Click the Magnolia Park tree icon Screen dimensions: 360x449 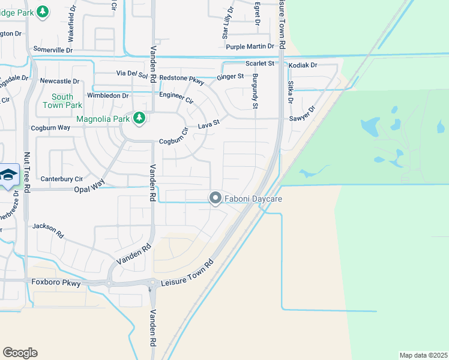pos(139,118)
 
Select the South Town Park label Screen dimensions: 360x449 pos(62,101)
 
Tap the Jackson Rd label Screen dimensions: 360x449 pos(48,228)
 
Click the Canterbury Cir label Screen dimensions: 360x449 pos(61,179)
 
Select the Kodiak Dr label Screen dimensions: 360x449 pos(303,65)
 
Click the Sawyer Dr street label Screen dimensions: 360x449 pos(303,115)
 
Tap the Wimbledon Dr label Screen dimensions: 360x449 pos(107,95)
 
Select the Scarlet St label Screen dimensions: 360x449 pos(259,63)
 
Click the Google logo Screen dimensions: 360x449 pos(20,353)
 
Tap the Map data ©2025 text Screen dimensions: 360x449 pos(423,355)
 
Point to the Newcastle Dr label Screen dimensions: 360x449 pos(59,81)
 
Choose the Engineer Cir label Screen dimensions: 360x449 pos(176,100)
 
